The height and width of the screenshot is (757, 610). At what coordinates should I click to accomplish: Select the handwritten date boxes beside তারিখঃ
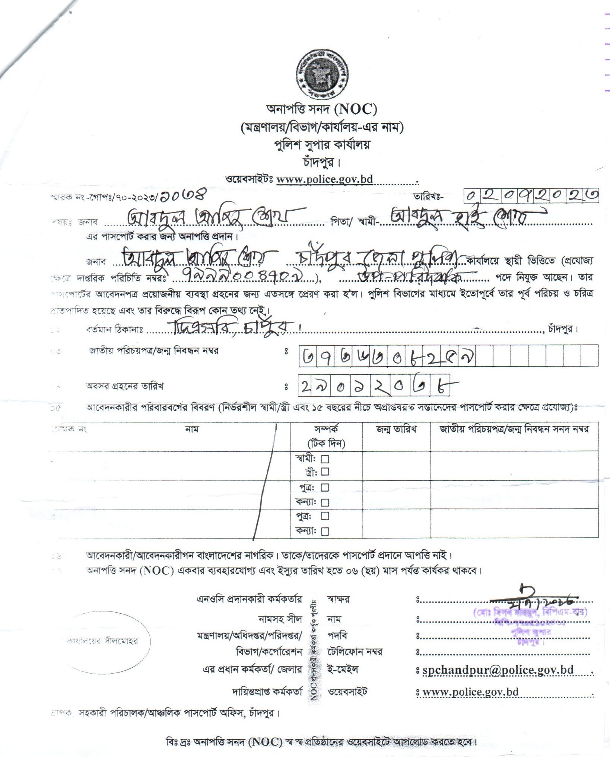(x=531, y=195)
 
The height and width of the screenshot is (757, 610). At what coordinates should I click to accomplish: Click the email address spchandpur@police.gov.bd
(x=498, y=670)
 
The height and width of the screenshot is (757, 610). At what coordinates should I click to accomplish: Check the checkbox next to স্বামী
(x=325, y=459)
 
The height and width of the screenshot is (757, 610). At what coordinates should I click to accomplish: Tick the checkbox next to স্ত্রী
(x=325, y=472)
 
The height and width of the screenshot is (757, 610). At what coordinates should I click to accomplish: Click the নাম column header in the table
(x=192, y=429)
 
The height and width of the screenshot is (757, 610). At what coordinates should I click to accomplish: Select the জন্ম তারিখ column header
(x=396, y=429)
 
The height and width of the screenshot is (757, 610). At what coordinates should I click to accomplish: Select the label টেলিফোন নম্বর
(x=355, y=652)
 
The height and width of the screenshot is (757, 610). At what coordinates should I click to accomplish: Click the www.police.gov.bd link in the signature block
(x=471, y=692)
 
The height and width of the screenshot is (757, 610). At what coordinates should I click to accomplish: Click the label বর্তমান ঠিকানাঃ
(x=115, y=329)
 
